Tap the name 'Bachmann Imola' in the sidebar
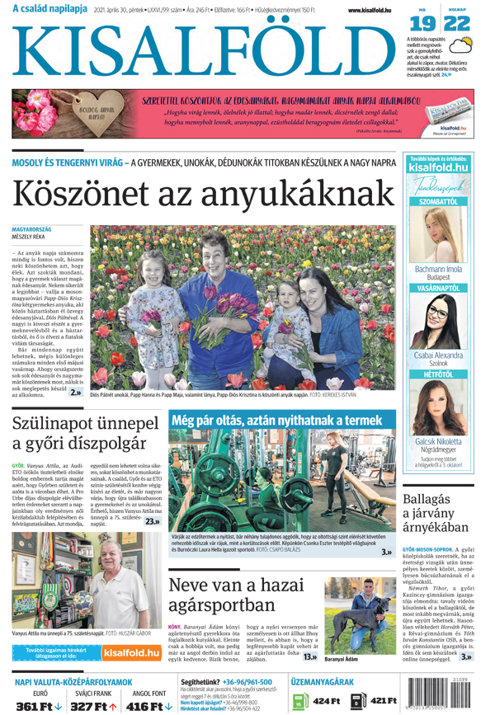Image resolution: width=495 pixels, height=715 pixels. (438, 269)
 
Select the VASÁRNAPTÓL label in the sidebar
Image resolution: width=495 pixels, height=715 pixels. (438, 289)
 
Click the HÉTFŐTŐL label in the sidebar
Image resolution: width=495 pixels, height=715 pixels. (438, 375)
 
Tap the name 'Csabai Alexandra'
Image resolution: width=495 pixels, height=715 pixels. (438, 355)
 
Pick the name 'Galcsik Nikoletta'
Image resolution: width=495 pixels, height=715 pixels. (438, 441)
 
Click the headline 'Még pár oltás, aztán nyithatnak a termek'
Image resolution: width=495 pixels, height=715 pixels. (277, 420)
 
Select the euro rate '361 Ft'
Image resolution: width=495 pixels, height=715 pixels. (38, 706)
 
